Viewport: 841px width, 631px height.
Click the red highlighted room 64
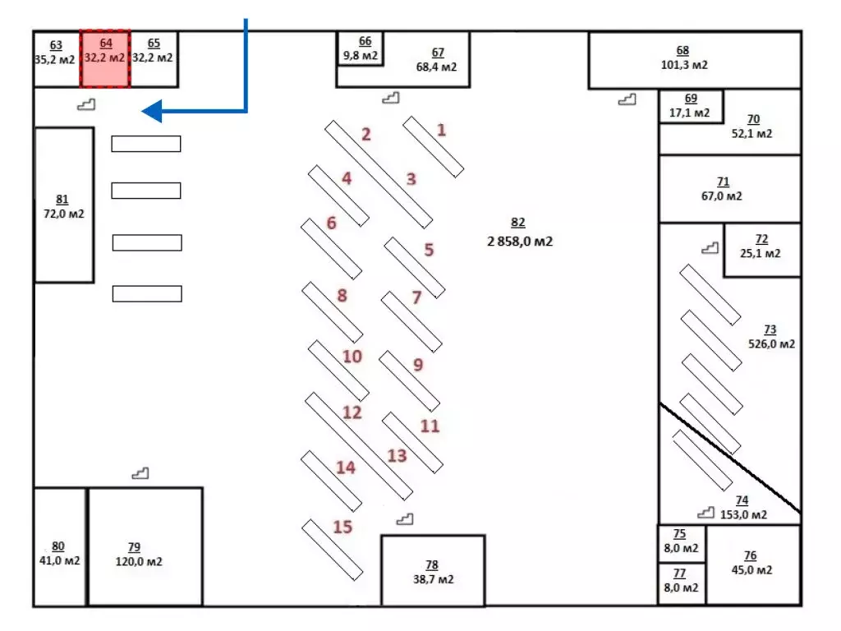click(x=105, y=58)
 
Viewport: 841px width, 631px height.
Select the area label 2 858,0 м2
click(x=519, y=242)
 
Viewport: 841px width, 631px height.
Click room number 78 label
click(x=432, y=564)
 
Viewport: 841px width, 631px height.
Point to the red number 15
click(x=342, y=527)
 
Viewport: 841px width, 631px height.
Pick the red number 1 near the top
click(x=441, y=130)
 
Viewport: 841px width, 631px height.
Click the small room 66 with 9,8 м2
click(x=361, y=49)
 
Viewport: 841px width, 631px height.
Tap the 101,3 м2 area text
click(x=683, y=64)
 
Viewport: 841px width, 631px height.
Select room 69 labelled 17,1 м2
click(x=690, y=106)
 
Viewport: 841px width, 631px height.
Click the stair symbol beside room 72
click(x=709, y=247)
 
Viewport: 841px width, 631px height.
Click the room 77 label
click(x=680, y=573)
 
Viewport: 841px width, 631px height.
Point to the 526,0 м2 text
click(x=772, y=344)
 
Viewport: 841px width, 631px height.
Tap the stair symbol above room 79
click(x=140, y=473)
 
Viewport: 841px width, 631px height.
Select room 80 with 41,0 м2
click(x=58, y=554)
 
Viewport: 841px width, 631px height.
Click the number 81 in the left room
click(x=62, y=199)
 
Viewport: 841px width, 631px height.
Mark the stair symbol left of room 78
click(x=404, y=518)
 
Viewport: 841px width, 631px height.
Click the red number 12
click(x=352, y=412)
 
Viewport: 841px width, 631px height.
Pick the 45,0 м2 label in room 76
click(x=751, y=570)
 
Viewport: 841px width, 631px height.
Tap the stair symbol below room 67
click(x=391, y=98)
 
